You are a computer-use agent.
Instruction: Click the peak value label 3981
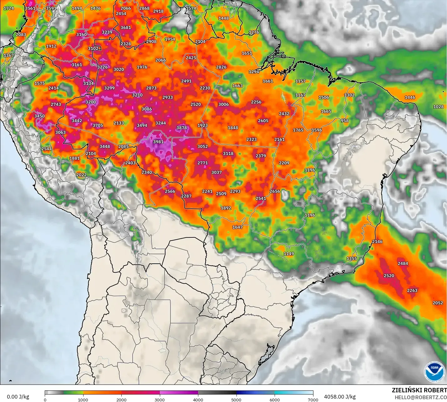(x=158, y=142)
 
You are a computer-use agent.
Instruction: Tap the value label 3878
(x=181, y=128)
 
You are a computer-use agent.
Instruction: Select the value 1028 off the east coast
(x=438, y=107)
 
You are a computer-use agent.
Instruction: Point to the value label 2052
(x=438, y=303)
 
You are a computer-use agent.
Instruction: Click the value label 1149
(x=289, y=254)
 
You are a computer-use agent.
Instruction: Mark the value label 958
(x=344, y=121)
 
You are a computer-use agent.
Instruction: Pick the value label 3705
(x=98, y=126)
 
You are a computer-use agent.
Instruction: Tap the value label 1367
(x=8, y=56)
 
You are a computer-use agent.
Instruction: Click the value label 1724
(x=8, y=8)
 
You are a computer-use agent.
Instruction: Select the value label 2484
(x=403, y=264)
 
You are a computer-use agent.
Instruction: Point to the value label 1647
(x=237, y=227)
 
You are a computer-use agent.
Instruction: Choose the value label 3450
(x=39, y=116)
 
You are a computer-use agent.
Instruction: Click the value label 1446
(x=410, y=97)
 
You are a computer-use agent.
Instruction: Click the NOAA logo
(x=434, y=371)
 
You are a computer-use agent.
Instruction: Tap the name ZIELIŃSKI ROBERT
(x=419, y=390)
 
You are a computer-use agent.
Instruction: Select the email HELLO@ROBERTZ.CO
(x=420, y=397)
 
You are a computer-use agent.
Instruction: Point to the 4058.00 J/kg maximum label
(x=340, y=397)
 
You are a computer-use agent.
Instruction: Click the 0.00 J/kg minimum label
(x=18, y=397)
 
